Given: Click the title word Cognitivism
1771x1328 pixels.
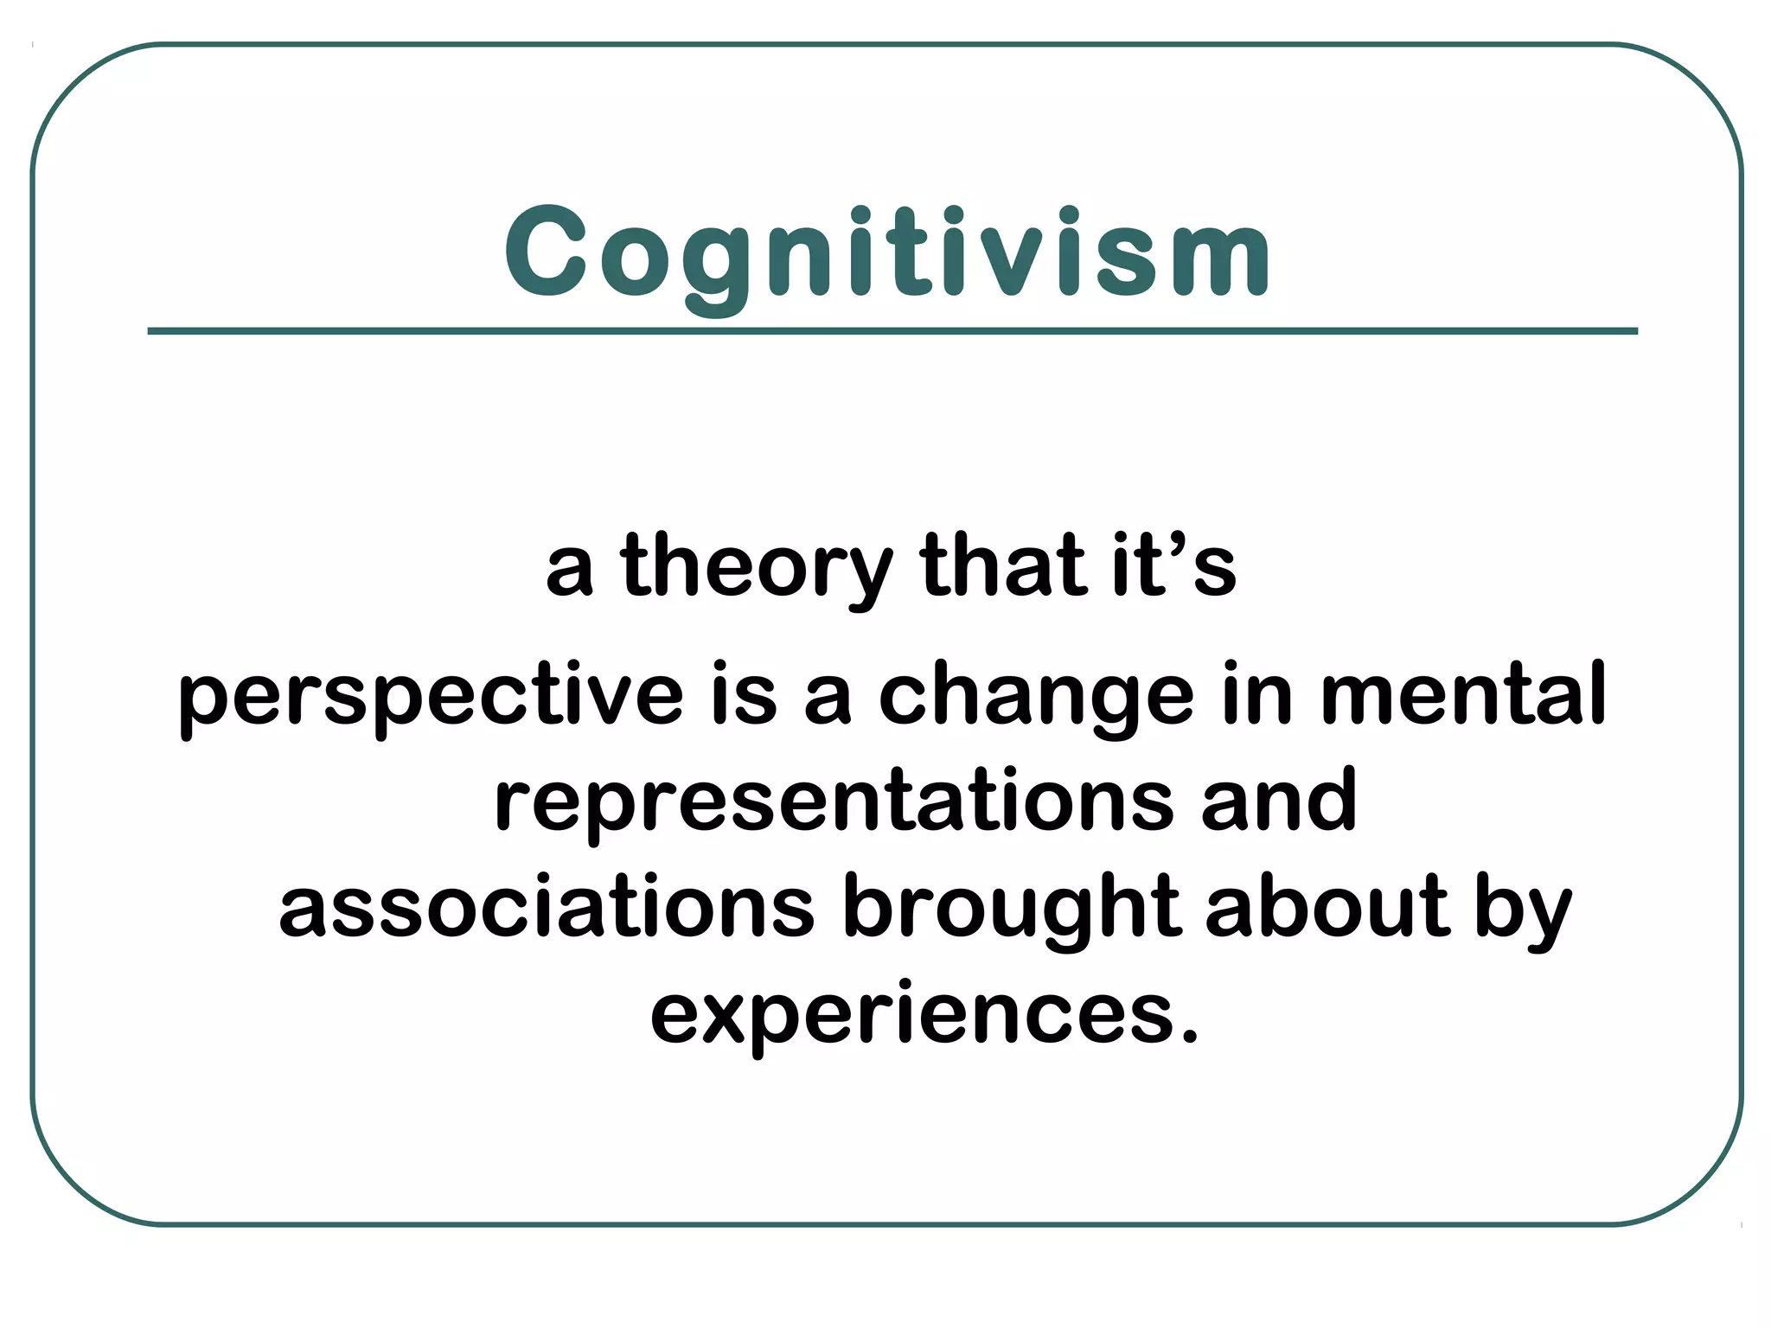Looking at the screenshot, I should point(887,252).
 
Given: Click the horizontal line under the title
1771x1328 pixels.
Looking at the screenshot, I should point(892,331).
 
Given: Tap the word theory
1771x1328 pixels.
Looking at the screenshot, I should point(756,567).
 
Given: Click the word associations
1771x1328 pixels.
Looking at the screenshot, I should point(547,907).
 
